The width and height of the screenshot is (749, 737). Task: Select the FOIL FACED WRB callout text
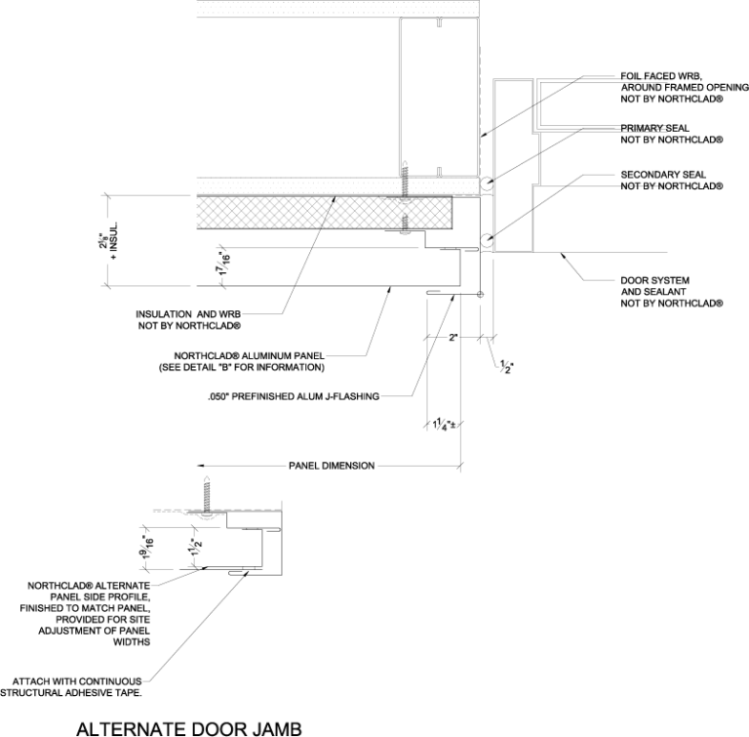[x=672, y=86]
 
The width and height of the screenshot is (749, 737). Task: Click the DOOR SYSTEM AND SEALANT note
[x=672, y=292]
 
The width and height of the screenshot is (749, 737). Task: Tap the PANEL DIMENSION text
[x=331, y=466]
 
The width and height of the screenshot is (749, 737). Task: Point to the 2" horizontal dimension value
[x=453, y=338]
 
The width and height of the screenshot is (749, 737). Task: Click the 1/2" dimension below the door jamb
[x=505, y=367]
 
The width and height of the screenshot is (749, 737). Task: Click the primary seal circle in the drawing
[x=486, y=184]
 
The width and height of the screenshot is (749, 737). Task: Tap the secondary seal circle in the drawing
[x=486, y=238]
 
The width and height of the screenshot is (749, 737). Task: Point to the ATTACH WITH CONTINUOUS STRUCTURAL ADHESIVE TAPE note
[x=79, y=687]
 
